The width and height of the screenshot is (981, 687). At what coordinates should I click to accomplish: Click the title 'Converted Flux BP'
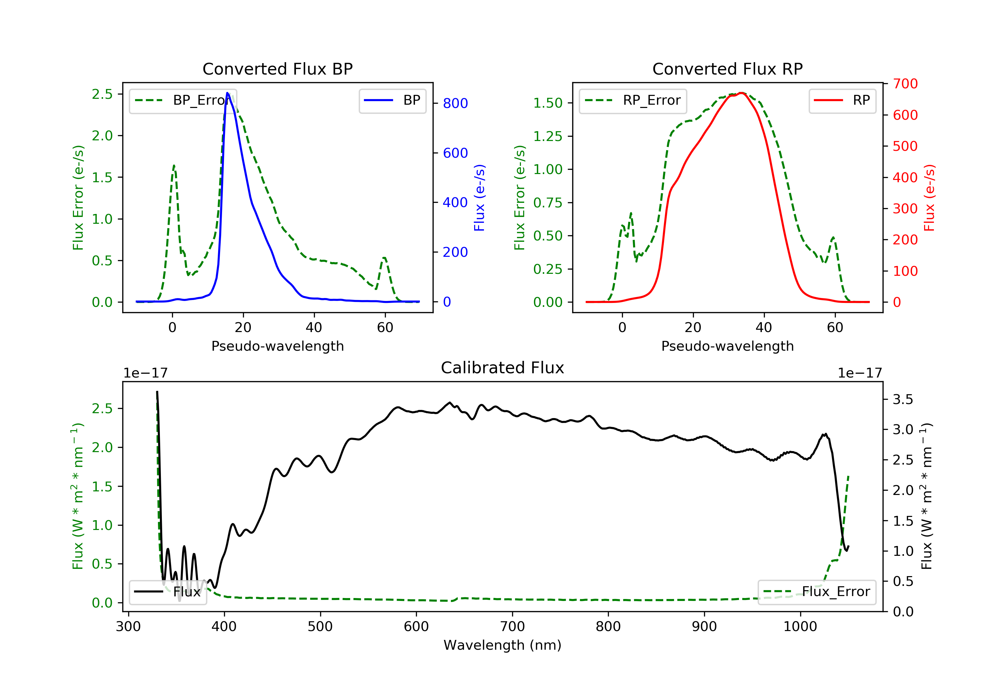coord(277,69)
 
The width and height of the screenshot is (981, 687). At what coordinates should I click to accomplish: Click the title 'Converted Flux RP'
coord(727,69)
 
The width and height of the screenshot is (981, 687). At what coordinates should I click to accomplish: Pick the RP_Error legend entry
coord(632,101)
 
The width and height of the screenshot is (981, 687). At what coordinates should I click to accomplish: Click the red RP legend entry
coord(842,101)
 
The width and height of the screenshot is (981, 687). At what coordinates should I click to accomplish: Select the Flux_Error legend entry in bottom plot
coord(817,592)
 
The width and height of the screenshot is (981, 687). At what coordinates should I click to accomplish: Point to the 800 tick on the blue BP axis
coord(455,103)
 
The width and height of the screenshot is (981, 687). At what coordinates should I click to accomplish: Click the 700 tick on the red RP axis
coord(905,84)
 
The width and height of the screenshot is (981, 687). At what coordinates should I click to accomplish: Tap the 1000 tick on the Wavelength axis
coord(800,627)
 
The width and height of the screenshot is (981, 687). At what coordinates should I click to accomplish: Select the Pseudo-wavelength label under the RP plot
coord(727,346)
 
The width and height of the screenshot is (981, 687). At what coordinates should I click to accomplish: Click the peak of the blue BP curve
coord(227,93)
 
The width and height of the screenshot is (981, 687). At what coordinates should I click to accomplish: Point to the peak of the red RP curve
coord(742,93)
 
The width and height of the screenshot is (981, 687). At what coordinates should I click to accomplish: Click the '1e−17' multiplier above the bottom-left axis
coord(145,373)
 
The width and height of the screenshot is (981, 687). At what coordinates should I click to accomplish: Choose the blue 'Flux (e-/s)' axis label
coord(479,198)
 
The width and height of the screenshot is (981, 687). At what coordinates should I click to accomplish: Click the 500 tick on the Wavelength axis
coord(320,627)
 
